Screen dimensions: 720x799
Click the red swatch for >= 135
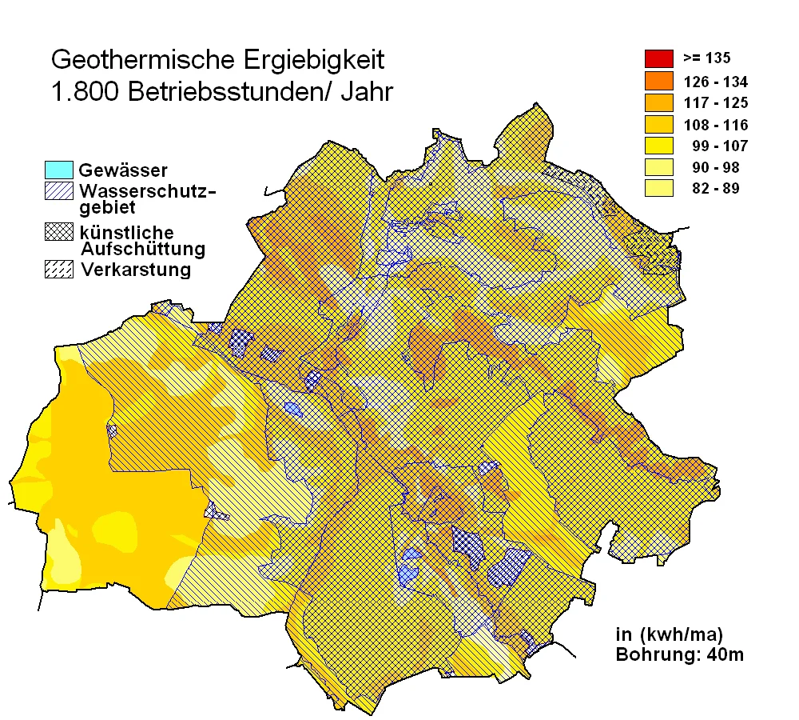tap(658, 58)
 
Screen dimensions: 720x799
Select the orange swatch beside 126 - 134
tap(658, 81)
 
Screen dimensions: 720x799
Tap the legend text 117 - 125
tap(715, 102)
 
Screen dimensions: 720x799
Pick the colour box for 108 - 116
tap(658, 124)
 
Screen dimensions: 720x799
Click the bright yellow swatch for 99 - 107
tap(658, 146)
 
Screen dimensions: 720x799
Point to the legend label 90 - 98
tap(717, 167)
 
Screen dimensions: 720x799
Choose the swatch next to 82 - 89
tap(658, 189)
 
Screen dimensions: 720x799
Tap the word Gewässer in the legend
tap(123, 170)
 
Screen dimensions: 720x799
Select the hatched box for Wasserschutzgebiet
tap(60, 191)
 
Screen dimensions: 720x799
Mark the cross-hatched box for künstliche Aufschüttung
tap(60, 232)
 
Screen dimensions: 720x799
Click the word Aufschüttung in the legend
tap(143, 249)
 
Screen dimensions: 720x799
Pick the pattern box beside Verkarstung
tap(60, 270)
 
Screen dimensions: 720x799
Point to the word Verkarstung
tap(136, 270)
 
